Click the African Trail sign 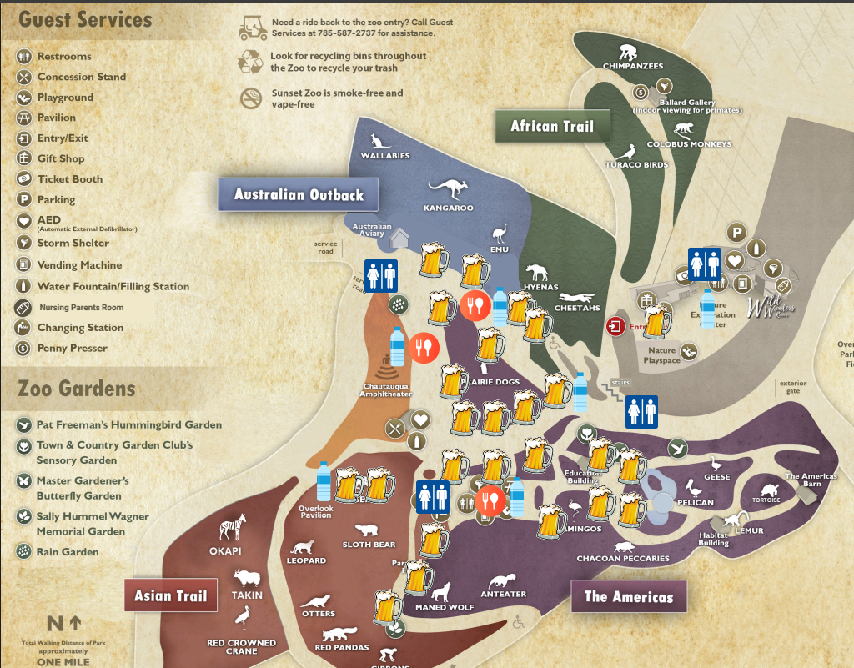pos(551,127)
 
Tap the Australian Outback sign pos(299,195)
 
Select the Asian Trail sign pos(171,595)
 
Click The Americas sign pos(628,596)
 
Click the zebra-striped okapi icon pos(232,528)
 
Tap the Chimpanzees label pos(633,66)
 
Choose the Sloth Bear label pos(369,545)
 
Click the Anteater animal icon pos(503,580)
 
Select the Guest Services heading pos(85,19)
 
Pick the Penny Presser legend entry pos(73,348)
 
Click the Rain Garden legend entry pos(68,551)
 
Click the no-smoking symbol pos(250,98)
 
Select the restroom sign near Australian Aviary pos(380,275)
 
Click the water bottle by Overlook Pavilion pos(324,481)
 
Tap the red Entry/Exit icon pos(615,325)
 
